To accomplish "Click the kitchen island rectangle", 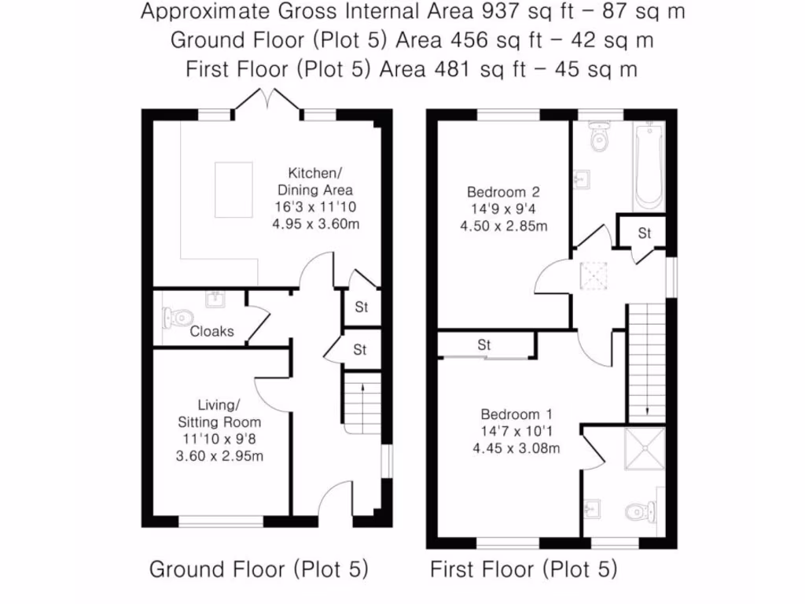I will coord(233,190).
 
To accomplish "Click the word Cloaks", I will coord(211,331).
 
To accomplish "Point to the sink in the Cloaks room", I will coord(214,298).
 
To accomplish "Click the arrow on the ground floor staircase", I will coord(362,387).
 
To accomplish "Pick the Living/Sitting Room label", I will coord(219,413).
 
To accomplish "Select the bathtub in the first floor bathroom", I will coord(649,167).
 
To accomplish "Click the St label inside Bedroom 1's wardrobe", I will coord(484,344).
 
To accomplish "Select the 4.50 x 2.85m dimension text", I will coord(503,226).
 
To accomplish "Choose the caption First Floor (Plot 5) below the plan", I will coord(523,569).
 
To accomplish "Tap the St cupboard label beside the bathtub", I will coord(645,233).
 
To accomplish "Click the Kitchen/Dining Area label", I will coord(314,181).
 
